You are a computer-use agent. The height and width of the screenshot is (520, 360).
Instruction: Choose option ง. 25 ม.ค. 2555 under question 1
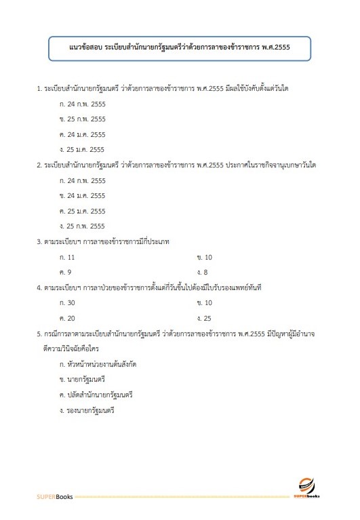pos(83,149)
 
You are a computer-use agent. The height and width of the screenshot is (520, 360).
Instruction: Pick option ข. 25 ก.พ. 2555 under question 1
pos(83,119)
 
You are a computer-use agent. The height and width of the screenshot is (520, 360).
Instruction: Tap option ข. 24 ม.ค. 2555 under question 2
pos(83,195)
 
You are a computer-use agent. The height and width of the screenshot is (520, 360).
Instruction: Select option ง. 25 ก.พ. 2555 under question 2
pos(83,226)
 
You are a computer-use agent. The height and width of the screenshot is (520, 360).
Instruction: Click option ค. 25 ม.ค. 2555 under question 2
pos(83,211)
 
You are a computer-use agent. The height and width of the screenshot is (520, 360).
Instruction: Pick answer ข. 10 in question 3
pos(204,257)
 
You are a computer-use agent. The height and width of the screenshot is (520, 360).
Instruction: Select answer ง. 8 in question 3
pos(202,272)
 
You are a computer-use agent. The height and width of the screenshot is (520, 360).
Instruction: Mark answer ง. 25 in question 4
pos(204,317)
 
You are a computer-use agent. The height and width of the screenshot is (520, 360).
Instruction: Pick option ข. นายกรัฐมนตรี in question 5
pos(82,379)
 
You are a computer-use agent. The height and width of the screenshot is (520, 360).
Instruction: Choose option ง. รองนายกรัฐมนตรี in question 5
pos(87,410)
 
